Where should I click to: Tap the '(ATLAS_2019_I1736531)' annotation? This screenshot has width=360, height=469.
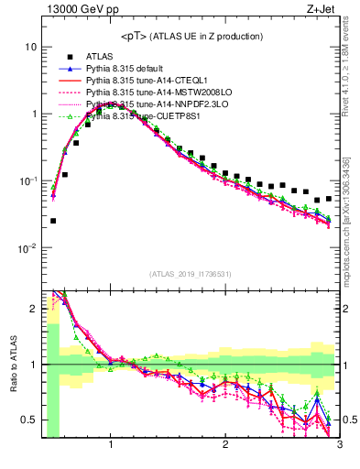(x=191, y=274)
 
